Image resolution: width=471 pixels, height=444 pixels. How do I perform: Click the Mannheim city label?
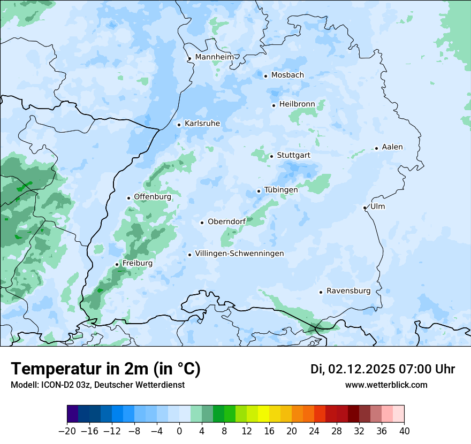pyautogui.click(x=214, y=57)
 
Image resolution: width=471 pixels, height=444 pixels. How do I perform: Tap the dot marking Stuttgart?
pyautogui.click(x=271, y=156)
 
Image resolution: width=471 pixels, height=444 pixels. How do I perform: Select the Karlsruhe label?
pyautogui.click(x=202, y=124)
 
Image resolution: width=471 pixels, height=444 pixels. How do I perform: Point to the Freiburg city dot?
pyautogui.click(x=117, y=264)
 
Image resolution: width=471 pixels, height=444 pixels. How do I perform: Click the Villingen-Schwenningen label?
pyautogui.click(x=239, y=254)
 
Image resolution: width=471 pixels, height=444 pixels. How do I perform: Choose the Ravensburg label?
pyautogui.click(x=348, y=291)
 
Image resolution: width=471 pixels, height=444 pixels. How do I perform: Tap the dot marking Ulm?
pyautogui.click(x=364, y=208)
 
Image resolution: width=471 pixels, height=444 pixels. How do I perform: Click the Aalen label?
pyautogui.click(x=392, y=147)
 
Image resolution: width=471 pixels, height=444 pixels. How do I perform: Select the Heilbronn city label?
pyautogui.click(x=297, y=104)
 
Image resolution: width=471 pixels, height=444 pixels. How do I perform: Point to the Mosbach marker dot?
pyautogui.click(x=265, y=76)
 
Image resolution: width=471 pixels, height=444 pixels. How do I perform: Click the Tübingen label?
pyautogui.click(x=280, y=190)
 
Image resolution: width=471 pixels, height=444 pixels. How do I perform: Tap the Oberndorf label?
pyautogui.click(x=226, y=221)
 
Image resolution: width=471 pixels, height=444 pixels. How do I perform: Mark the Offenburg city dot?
pyautogui.click(x=128, y=198)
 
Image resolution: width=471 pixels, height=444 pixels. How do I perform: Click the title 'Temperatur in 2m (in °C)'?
pyautogui.click(x=106, y=369)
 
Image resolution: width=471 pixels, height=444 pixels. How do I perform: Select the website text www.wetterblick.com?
pyautogui.click(x=386, y=385)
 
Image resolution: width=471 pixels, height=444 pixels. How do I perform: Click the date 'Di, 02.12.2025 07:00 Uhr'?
pyautogui.click(x=383, y=369)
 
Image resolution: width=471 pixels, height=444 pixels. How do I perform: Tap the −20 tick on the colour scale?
pyautogui.click(x=67, y=431)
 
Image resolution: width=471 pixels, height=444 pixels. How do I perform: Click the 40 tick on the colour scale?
pyautogui.click(x=404, y=431)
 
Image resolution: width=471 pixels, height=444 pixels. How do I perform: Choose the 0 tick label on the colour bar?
pyautogui.click(x=179, y=431)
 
